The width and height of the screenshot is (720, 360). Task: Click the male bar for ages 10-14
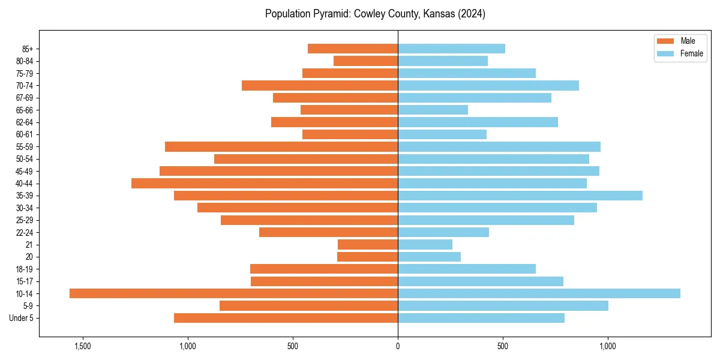(233, 293)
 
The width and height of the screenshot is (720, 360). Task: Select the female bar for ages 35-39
(520, 196)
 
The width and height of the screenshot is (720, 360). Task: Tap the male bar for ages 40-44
(265, 183)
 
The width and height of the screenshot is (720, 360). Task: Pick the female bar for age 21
(425, 244)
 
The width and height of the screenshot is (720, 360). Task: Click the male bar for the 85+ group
(353, 49)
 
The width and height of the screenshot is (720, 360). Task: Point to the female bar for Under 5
(481, 318)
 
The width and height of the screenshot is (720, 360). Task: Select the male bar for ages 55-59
(281, 146)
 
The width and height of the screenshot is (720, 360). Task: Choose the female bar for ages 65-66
(433, 110)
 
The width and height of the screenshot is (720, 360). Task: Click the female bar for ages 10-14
(539, 293)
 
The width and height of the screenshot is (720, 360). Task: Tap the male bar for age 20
(367, 257)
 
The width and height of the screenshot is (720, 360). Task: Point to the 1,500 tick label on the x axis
(82, 346)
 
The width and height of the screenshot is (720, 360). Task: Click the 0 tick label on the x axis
(398, 346)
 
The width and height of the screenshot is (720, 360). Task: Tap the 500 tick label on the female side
(503, 346)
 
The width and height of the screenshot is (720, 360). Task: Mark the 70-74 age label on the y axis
(24, 85)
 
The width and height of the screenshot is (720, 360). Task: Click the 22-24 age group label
(24, 232)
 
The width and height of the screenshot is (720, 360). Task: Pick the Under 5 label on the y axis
(21, 318)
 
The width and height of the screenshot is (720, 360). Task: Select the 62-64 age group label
(24, 122)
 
